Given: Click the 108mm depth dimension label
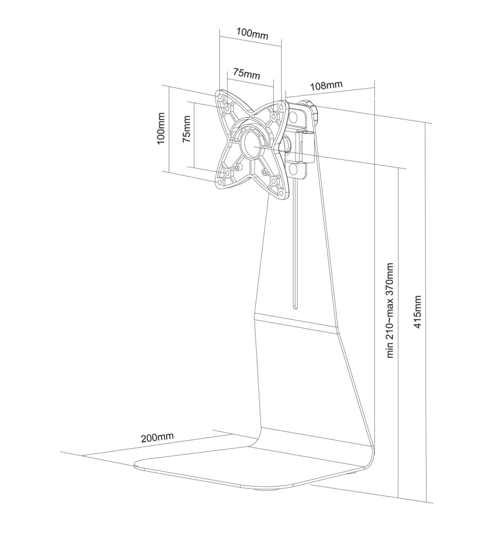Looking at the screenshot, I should [x=325, y=85].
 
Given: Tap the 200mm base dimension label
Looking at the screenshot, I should [x=157, y=438].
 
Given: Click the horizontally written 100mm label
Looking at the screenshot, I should [x=252, y=33].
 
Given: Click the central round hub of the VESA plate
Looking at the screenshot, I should [x=251, y=142].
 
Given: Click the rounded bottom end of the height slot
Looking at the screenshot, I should [x=295, y=306].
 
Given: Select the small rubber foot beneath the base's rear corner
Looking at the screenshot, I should [x=353, y=471].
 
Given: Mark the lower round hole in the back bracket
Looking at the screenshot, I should [x=294, y=169].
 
